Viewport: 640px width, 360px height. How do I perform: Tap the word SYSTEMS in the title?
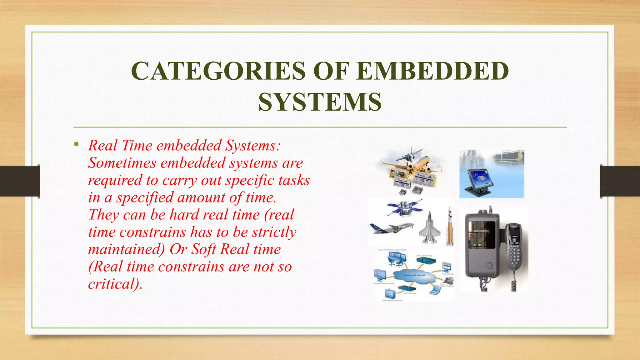pyautogui.click(x=320, y=102)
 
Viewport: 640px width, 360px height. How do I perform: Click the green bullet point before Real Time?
pyautogui.click(x=76, y=144)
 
